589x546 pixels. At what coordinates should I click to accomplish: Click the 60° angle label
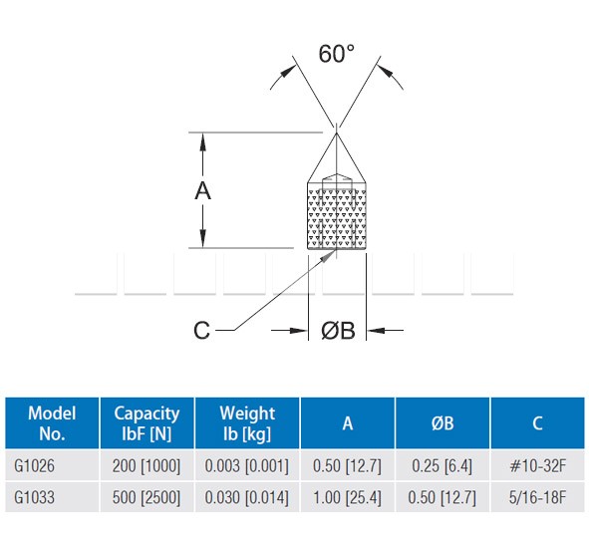pos(336,54)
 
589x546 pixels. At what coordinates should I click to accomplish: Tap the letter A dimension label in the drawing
pos(203,190)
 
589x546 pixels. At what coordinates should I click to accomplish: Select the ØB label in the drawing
pos(338,331)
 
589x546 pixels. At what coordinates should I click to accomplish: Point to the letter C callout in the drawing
pos(201,331)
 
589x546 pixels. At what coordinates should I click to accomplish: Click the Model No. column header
pos(52,423)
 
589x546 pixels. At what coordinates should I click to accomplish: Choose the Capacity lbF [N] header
pos(147,423)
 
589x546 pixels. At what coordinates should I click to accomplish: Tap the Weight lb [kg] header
pos(247,423)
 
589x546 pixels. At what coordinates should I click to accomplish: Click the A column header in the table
pos(348,423)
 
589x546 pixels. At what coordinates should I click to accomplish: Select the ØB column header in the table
pos(442,423)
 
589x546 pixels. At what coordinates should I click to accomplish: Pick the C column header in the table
pos(537,423)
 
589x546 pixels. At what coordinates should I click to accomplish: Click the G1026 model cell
pos(34,466)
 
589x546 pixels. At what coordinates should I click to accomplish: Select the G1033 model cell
pos(34,497)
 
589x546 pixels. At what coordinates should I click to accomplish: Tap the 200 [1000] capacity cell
pos(147,466)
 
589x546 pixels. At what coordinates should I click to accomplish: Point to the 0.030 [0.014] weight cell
pos(247,497)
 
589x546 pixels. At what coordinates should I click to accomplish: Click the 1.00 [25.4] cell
pos(347,497)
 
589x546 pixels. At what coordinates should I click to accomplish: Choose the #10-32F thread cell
pos(537,466)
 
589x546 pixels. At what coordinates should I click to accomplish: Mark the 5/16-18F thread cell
pos(537,497)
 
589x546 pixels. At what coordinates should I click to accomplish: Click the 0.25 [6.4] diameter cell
pos(442,466)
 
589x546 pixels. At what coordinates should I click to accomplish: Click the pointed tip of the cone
pos(336,133)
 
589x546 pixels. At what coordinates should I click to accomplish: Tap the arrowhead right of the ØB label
pos(376,331)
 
